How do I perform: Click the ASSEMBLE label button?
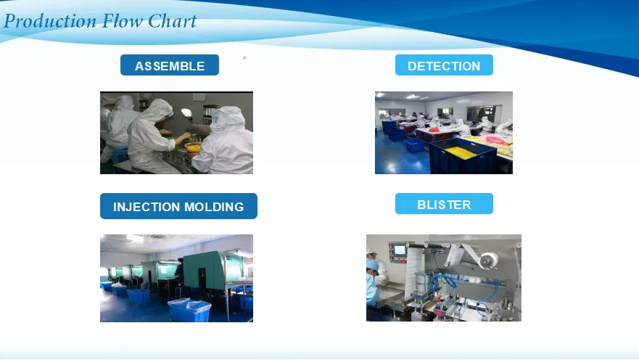tap(170, 65)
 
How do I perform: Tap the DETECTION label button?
tap(444, 65)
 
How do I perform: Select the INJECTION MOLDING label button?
tap(178, 206)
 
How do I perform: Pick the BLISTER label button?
tap(444, 204)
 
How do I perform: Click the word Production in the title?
tap(50, 21)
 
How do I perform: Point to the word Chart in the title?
tap(172, 21)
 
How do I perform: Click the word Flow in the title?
tap(122, 21)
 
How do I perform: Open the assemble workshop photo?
tap(176, 133)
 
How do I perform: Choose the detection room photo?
tap(444, 133)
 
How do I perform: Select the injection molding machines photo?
tap(176, 278)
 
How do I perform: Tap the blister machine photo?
tap(444, 278)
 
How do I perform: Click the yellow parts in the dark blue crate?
tap(460, 152)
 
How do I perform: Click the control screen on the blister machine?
tap(400, 250)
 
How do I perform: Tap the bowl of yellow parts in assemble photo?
tap(193, 147)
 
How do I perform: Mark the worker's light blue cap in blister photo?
tap(373, 265)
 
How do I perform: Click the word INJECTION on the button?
tap(147, 207)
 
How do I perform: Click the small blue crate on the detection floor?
tap(416, 146)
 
